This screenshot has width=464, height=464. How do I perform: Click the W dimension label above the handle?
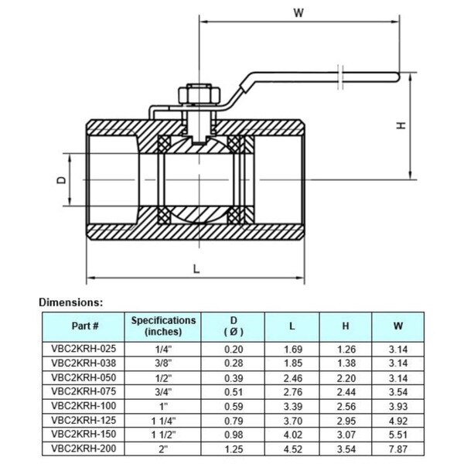click(299, 12)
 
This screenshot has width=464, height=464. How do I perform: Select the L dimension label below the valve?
click(196, 269)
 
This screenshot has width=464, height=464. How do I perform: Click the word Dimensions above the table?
click(70, 302)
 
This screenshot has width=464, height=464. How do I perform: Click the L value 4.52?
click(292, 448)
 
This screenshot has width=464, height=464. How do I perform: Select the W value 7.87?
click(398, 448)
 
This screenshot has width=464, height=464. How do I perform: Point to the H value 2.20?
click(345, 377)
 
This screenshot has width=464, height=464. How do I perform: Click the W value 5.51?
click(398, 434)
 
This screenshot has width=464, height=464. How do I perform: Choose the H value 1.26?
click(345, 349)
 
